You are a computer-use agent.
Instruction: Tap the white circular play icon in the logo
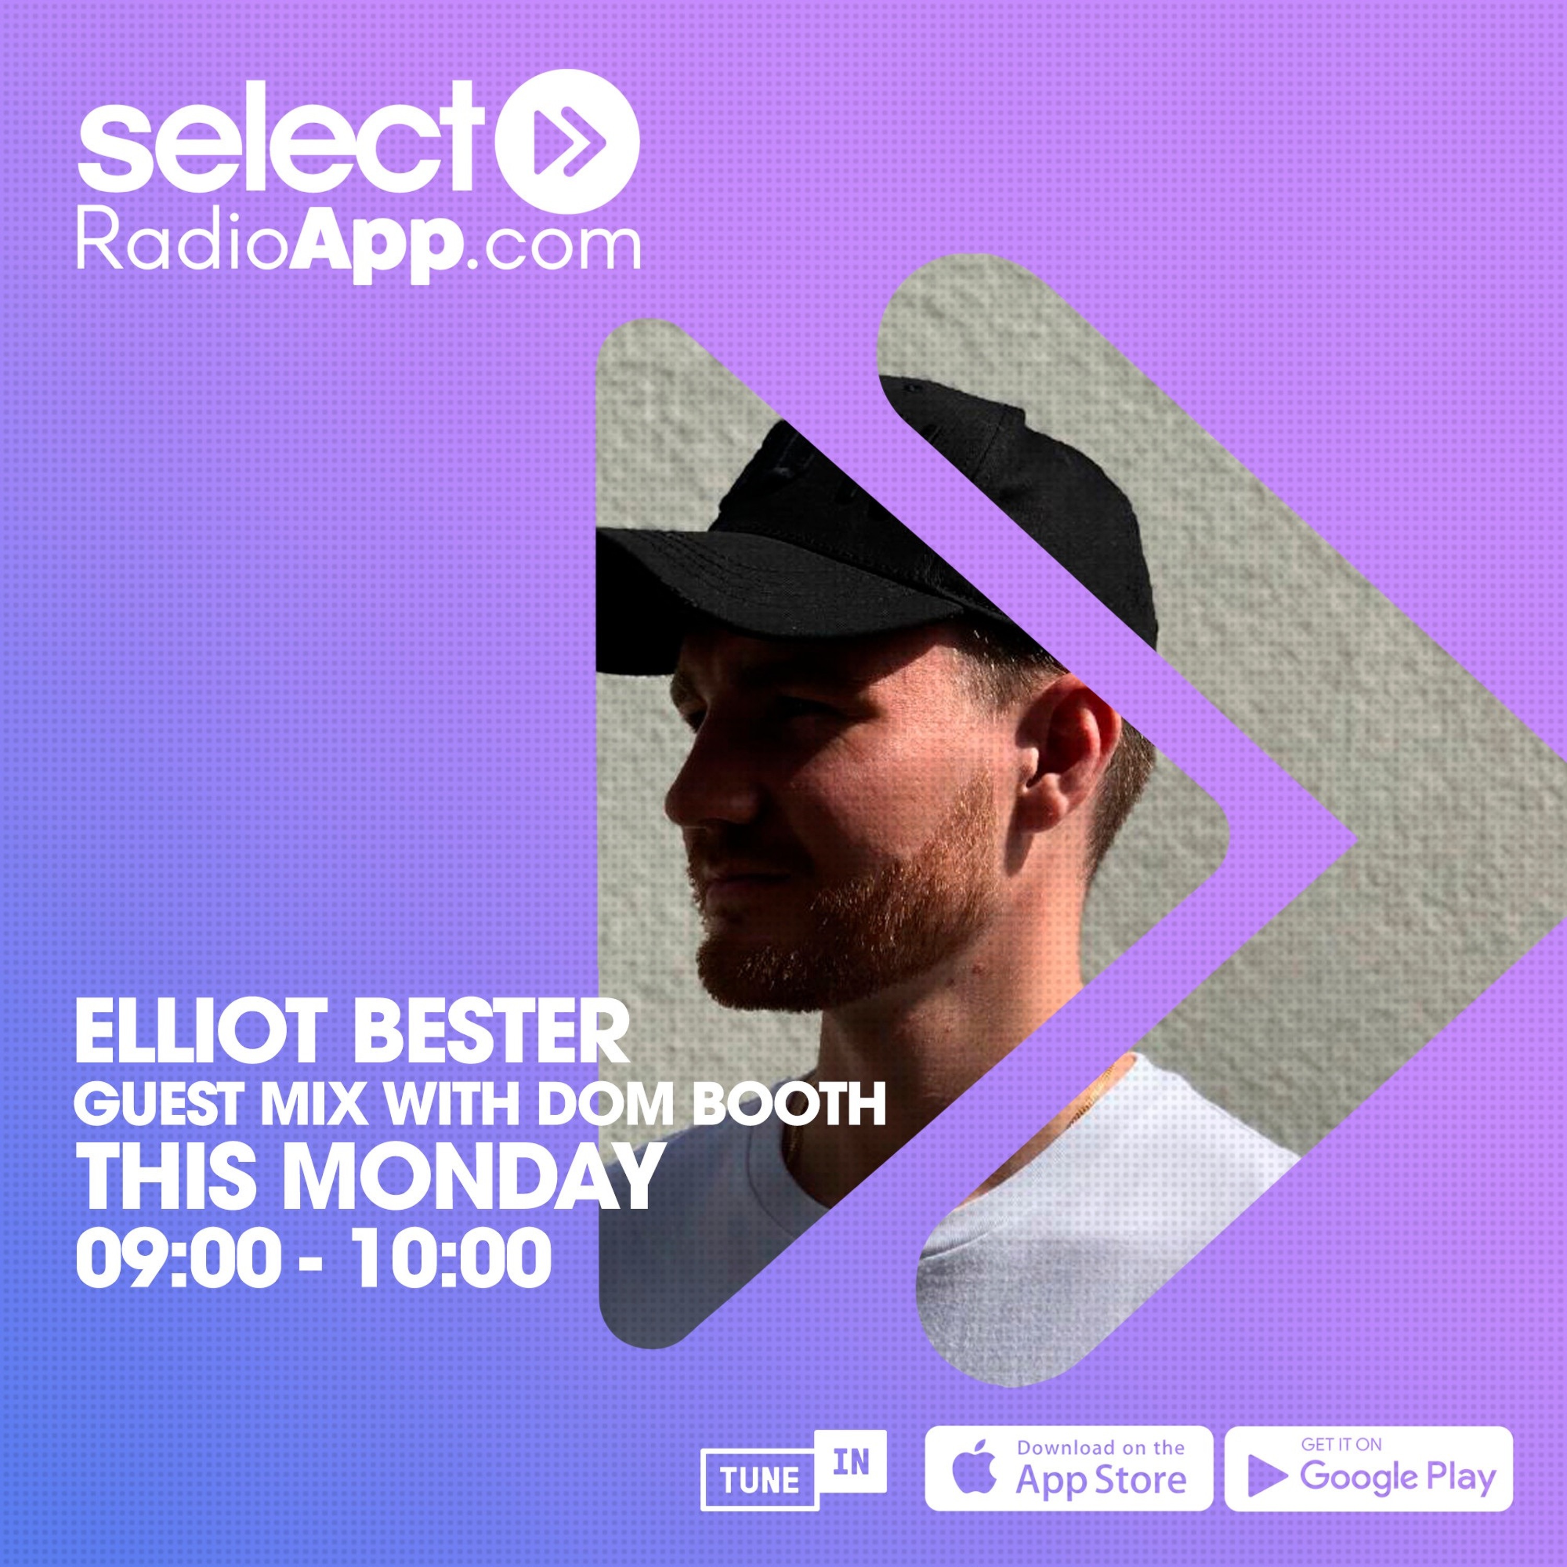pyautogui.click(x=567, y=141)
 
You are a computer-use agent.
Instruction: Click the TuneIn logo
pyautogui.click(x=793, y=1471)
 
